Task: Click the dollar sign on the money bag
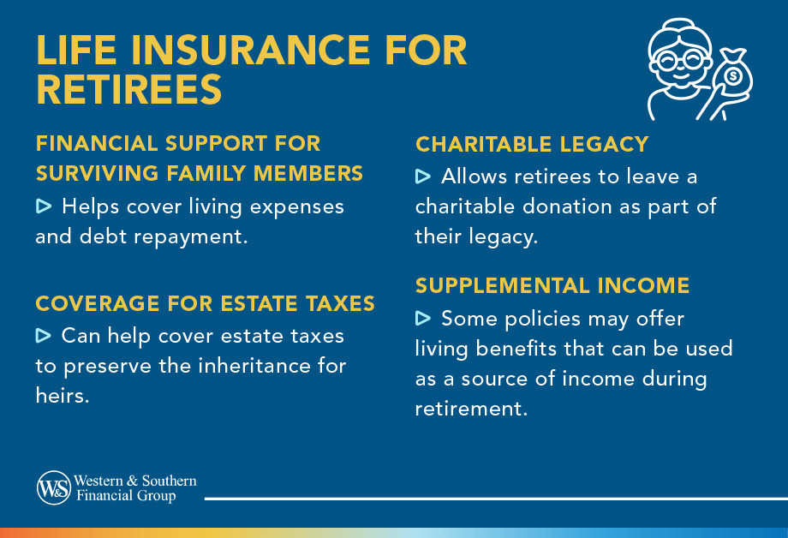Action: pyautogui.click(x=733, y=78)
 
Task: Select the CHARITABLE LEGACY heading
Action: pyautogui.click(x=532, y=144)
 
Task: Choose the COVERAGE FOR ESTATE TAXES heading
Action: pyautogui.click(x=205, y=303)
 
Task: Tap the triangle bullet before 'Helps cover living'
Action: pyautogui.click(x=45, y=206)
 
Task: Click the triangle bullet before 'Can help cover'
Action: pyautogui.click(x=45, y=335)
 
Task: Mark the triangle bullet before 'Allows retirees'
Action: pyautogui.click(x=423, y=177)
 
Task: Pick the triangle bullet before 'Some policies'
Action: pyautogui.click(x=423, y=319)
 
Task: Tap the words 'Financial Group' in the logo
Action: pyautogui.click(x=126, y=496)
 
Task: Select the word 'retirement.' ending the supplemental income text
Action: pyautogui.click(x=470, y=409)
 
